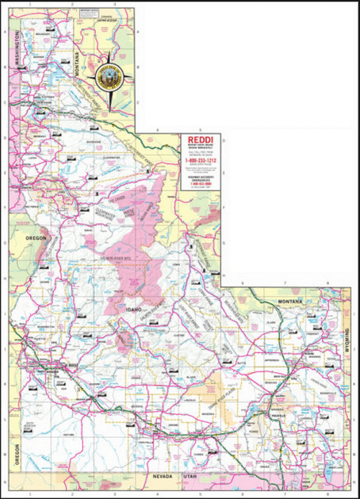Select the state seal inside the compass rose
[x=108, y=77]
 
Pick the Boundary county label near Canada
[x=43, y=35]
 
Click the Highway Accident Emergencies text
[x=201, y=180]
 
